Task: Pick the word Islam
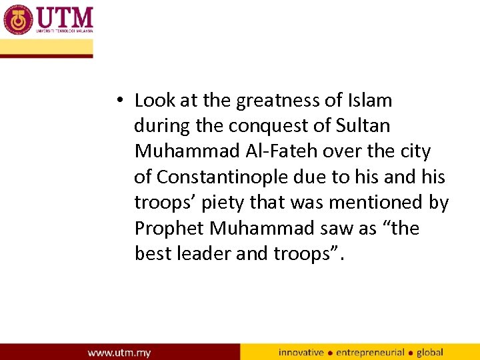(x=370, y=101)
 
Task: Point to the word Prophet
(x=169, y=228)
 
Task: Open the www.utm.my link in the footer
(x=119, y=352)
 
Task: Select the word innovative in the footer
(x=301, y=352)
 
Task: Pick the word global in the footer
(x=430, y=352)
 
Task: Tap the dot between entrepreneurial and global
(x=411, y=353)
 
